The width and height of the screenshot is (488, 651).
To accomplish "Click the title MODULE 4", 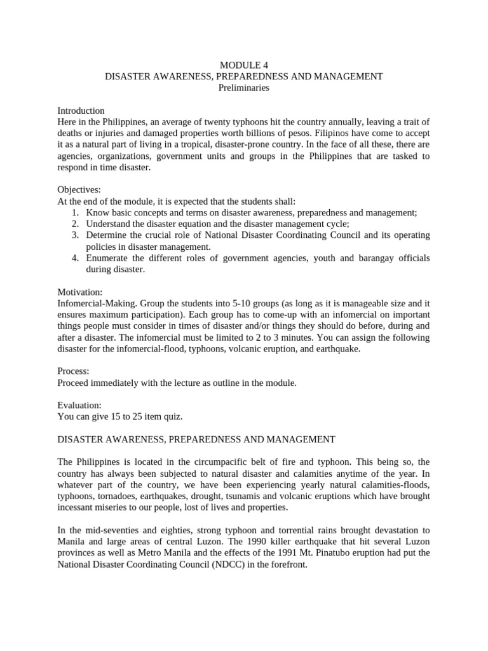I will click(x=244, y=65).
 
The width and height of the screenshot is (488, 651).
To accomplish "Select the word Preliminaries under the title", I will click(x=244, y=88).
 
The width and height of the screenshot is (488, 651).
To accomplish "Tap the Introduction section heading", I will click(x=81, y=111).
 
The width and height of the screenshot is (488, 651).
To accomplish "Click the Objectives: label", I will click(x=79, y=190).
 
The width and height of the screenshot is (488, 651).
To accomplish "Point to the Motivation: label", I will click(x=80, y=292).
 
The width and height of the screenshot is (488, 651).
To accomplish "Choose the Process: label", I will click(x=73, y=371).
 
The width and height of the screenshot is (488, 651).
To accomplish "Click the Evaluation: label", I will click(x=79, y=405).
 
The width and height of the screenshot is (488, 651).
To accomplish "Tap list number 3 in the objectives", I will click(x=74, y=235).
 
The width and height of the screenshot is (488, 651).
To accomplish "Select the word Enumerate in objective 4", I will click(x=109, y=258).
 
